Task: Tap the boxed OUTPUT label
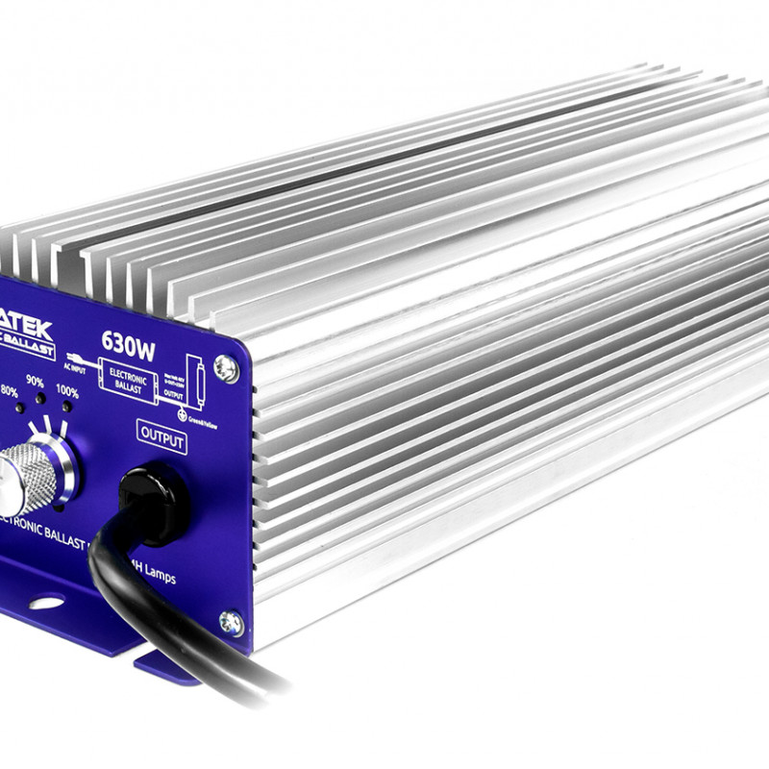[161, 436]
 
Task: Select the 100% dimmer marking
[67, 391]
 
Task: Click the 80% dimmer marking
[7, 391]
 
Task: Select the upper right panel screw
[226, 368]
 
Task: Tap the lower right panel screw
[230, 623]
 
